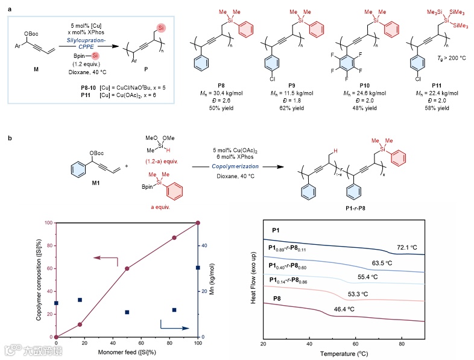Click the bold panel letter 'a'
click(x=8, y=6)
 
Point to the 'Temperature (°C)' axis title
click(x=344, y=353)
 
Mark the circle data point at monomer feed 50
click(x=127, y=268)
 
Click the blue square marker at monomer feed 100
click(x=197, y=267)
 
